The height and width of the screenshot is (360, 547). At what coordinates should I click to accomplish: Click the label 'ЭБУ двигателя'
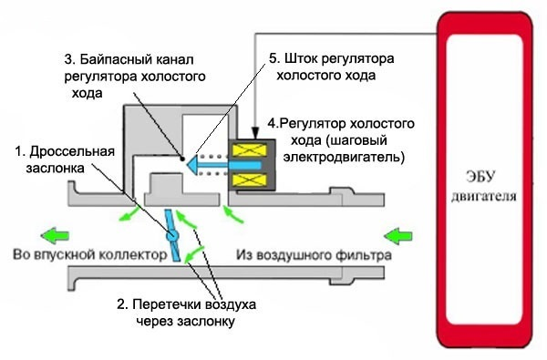[x=483, y=186]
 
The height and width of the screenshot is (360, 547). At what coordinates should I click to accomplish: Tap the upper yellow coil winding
[x=250, y=150]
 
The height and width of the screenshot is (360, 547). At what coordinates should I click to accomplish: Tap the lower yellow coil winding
[x=250, y=180]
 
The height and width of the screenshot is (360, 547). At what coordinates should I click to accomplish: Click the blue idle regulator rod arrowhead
[x=192, y=165]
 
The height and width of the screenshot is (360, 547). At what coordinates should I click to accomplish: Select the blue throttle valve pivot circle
[x=172, y=235]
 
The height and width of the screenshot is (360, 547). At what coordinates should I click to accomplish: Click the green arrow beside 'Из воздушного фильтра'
[x=398, y=236]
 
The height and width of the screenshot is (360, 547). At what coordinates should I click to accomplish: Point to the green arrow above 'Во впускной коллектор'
[x=55, y=236]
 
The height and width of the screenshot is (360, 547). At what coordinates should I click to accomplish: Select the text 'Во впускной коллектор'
[x=89, y=254]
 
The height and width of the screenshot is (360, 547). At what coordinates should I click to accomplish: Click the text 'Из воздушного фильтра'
[x=314, y=255]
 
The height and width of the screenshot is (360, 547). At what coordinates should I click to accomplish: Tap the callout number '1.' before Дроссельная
[x=20, y=151]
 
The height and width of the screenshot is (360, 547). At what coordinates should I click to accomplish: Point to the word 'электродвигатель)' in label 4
[x=344, y=157]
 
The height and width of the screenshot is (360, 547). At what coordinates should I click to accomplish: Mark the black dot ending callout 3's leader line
[x=182, y=159]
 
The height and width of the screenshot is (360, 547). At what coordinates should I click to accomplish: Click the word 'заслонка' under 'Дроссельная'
[x=55, y=169]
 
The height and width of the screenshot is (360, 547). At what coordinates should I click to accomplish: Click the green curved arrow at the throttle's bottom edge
[x=193, y=254]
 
